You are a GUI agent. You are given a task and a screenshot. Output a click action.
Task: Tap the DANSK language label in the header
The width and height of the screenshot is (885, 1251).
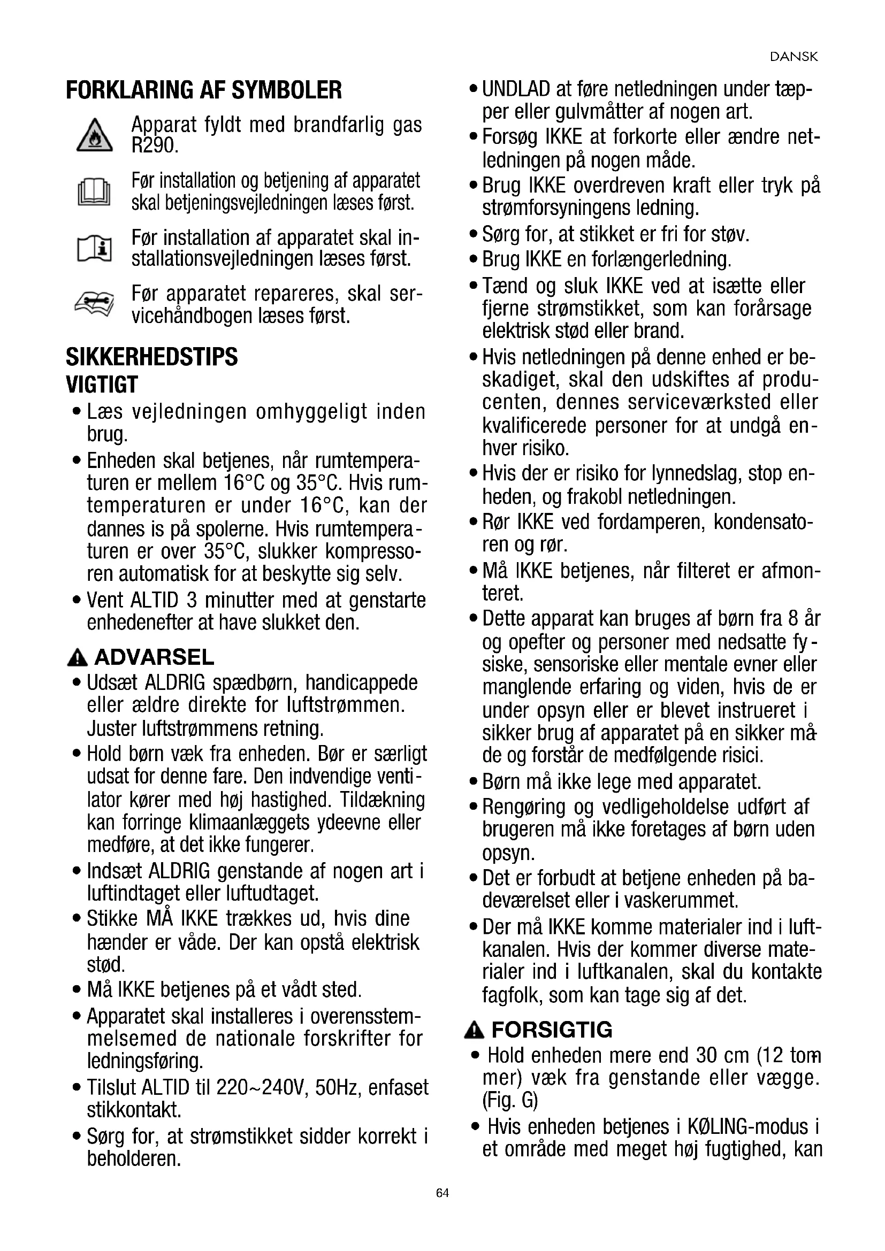point(794,57)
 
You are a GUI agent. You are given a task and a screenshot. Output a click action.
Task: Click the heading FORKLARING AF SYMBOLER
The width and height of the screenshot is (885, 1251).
point(204,90)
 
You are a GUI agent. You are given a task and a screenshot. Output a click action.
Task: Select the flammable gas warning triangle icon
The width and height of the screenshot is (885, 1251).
point(94,136)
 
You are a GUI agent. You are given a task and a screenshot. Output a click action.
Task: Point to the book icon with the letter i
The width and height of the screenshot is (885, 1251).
point(94,249)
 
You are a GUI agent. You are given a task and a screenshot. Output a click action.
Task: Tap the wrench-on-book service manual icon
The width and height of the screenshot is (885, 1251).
point(94,303)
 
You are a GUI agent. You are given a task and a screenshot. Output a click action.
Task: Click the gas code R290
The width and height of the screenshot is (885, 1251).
point(155,146)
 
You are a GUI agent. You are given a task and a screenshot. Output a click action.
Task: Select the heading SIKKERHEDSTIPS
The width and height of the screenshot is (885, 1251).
point(151,357)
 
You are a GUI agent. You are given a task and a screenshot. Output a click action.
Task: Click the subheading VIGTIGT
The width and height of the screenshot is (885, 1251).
point(101,385)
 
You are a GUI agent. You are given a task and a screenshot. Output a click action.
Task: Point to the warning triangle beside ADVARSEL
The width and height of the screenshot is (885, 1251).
point(77,658)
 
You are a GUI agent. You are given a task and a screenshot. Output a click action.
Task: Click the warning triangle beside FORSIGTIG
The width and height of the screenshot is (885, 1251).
point(474,1030)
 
